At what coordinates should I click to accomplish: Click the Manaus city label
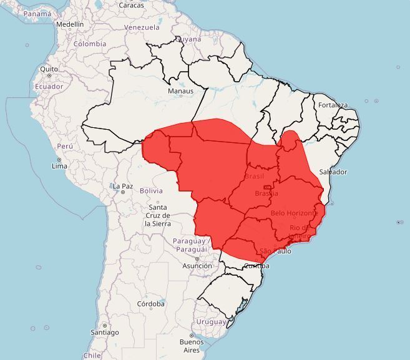pyautogui.click(x=180, y=91)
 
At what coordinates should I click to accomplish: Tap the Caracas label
pyautogui.click(x=131, y=6)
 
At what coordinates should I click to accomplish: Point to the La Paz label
pyautogui.click(x=122, y=186)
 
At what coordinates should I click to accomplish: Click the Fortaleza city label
pyautogui.click(x=333, y=105)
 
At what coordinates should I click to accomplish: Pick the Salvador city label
pyautogui.click(x=333, y=172)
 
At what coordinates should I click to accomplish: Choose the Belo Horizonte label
pyautogui.click(x=295, y=213)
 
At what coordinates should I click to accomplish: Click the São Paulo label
pyautogui.click(x=275, y=251)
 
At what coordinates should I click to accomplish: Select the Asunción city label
pyautogui.click(x=197, y=266)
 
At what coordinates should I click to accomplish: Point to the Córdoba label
pyautogui.click(x=150, y=304)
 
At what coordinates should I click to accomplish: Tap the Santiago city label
pyautogui.click(x=104, y=333)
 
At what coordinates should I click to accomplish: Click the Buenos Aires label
pyautogui.click(x=192, y=346)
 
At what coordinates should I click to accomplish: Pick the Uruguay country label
pyautogui.click(x=211, y=322)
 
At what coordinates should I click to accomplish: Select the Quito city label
pyautogui.click(x=49, y=69)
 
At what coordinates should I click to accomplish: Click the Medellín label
pyautogui.click(x=69, y=24)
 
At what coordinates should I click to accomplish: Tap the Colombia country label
pyautogui.click(x=90, y=44)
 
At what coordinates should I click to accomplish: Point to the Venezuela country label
pyautogui.click(x=142, y=27)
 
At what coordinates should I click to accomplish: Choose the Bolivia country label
pyautogui.click(x=151, y=190)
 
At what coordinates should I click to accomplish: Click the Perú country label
pyautogui.click(x=66, y=146)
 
